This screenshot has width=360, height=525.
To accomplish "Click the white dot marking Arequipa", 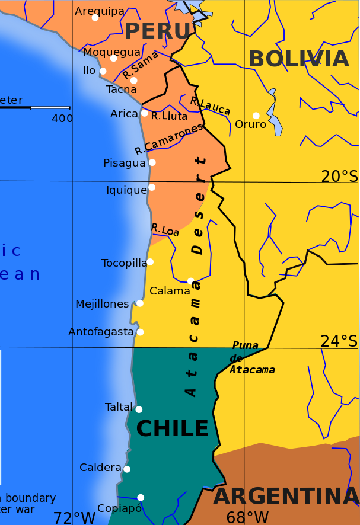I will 95,17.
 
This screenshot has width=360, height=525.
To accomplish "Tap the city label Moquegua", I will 111,52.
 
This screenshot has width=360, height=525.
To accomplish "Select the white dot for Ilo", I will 103,71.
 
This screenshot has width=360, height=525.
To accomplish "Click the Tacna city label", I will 121,89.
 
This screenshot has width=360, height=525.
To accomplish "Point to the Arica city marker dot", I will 144,113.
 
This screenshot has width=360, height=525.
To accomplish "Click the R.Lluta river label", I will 169,116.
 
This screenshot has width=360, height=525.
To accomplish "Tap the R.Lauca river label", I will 210,105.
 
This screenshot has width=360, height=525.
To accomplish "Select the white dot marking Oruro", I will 256,116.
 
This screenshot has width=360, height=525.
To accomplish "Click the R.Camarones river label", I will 168,139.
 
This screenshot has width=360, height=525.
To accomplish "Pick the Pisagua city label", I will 124,162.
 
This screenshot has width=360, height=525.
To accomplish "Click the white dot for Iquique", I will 152,187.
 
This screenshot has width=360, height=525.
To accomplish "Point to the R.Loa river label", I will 165,229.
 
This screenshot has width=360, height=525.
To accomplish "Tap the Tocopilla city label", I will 123,262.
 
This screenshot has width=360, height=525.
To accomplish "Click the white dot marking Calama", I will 190,281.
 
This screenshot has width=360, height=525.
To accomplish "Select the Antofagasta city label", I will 101,332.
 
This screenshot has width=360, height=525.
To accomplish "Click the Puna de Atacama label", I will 252,358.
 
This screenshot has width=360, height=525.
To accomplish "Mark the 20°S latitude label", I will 339,176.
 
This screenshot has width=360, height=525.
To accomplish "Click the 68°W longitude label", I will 247,517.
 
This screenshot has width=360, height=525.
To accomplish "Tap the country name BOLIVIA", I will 298,59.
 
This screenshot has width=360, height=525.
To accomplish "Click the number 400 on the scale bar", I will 62,118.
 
